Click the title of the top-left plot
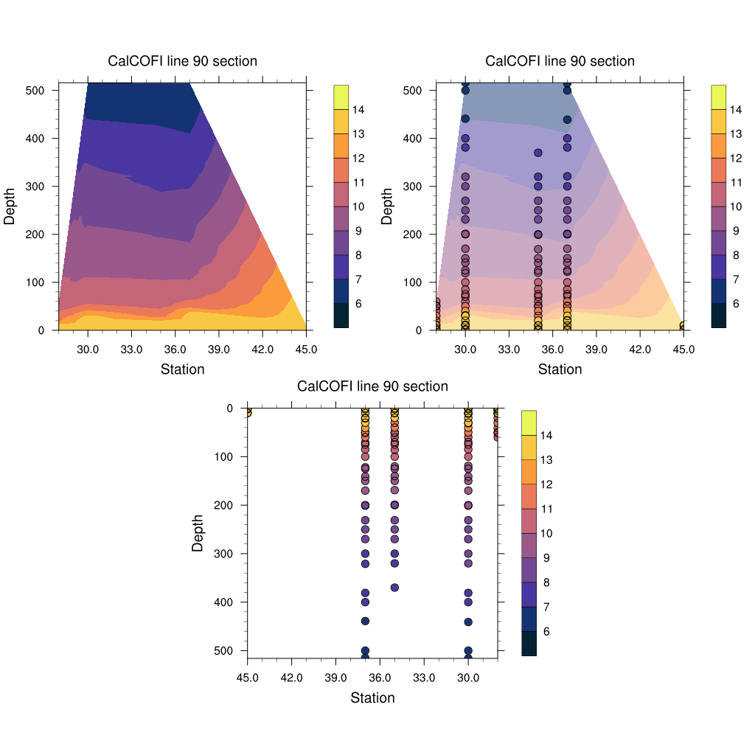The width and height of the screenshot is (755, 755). [x=183, y=61]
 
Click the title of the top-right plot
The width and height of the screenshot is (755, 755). [x=560, y=61]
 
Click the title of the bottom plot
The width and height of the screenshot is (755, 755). [x=372, y=386]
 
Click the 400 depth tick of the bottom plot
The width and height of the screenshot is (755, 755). [x=223, y=602]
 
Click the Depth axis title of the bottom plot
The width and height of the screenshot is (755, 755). [x=198, y=533]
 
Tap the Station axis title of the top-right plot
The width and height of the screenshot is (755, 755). [x=560, y=369]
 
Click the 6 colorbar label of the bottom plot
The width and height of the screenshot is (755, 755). [x=546, y=631]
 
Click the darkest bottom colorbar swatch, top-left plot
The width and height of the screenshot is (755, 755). [x=341, y=316]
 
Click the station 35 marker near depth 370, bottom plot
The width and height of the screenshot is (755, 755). [x=394, y=588]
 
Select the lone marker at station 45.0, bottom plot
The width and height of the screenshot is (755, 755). [x=248, y=413]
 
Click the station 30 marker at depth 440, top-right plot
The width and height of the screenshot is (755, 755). [x=465, y=119]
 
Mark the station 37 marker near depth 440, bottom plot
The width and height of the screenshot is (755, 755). [x=365, y=622]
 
